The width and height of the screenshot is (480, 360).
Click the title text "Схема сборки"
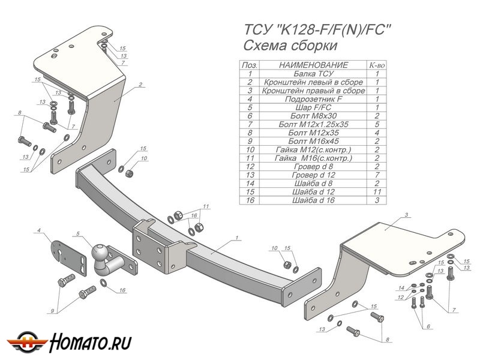(290, 46)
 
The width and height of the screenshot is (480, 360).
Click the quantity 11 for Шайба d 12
(377, 191)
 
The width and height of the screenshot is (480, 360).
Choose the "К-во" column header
(377, 65)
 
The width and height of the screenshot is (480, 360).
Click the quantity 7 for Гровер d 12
(377, 175)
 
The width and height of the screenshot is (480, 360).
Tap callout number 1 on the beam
(238, 238)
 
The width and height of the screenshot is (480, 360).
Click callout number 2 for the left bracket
(140, 85)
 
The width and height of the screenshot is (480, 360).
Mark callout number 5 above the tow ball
(77, 233)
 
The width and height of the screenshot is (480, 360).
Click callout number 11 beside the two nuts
(206, 206)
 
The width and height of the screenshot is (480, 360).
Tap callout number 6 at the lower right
(428, 326)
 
